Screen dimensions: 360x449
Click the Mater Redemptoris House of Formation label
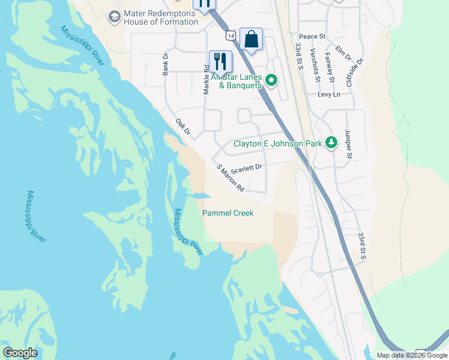click(x=160, y=17)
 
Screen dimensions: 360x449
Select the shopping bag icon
click(x=251, y=40)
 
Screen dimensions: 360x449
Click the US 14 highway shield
click(x=231, y=37)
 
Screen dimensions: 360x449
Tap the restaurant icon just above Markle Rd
click(x=220, y=61)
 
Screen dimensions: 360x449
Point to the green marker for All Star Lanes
click(x=271, y=80)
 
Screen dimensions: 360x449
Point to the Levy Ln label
click(x=328, y=95)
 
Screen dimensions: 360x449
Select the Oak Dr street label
click(x=182, y=127)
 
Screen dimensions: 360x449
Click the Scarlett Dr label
click(x=246, y=168)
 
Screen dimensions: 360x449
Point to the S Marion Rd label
click(x=231, y=178)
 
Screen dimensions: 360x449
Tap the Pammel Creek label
click(x=228, y=213)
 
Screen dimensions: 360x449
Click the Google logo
click(x=20, y=352)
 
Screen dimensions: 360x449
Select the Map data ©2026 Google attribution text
click(x=411, y=355)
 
